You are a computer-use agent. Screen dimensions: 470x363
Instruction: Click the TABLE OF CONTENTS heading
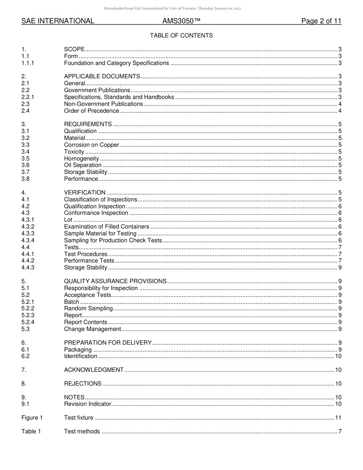click(x=181, y=36)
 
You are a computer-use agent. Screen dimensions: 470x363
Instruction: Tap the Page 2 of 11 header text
click(x=321, y=21)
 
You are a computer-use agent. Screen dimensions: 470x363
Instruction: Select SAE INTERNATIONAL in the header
click(x=58, y=21)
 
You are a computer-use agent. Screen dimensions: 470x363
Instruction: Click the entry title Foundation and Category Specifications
click(x=116, y=63)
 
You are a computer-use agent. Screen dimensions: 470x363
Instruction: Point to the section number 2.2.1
click(x=28, y=97)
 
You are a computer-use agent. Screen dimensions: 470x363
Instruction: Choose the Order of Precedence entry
click(x=91, y=111)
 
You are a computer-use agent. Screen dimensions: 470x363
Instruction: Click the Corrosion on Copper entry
click(x=91, y=145)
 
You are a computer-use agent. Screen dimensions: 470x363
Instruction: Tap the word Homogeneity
click(x=81, y=159)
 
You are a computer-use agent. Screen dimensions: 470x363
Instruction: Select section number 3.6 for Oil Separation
click(x=25, y=165)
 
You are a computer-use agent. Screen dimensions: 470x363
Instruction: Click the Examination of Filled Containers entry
click(x=107, y=227)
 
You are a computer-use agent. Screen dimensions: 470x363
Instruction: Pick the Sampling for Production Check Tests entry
click(x=113, y=240)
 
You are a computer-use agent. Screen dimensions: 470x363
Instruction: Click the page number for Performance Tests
click(x=340, y=261)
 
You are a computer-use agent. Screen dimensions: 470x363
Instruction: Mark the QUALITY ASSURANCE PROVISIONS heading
click(x=115, y=281)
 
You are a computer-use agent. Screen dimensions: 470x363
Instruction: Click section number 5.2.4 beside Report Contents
click(x=28, y=322)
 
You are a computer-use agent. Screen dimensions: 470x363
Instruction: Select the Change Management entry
click(x=92, y=329)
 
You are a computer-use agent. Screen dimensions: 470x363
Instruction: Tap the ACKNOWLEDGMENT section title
click(x=94, y=370)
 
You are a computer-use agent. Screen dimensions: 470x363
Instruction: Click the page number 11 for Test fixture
click(x=338, y=418)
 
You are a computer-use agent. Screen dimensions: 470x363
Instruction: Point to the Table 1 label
click(x=31, y=431)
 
